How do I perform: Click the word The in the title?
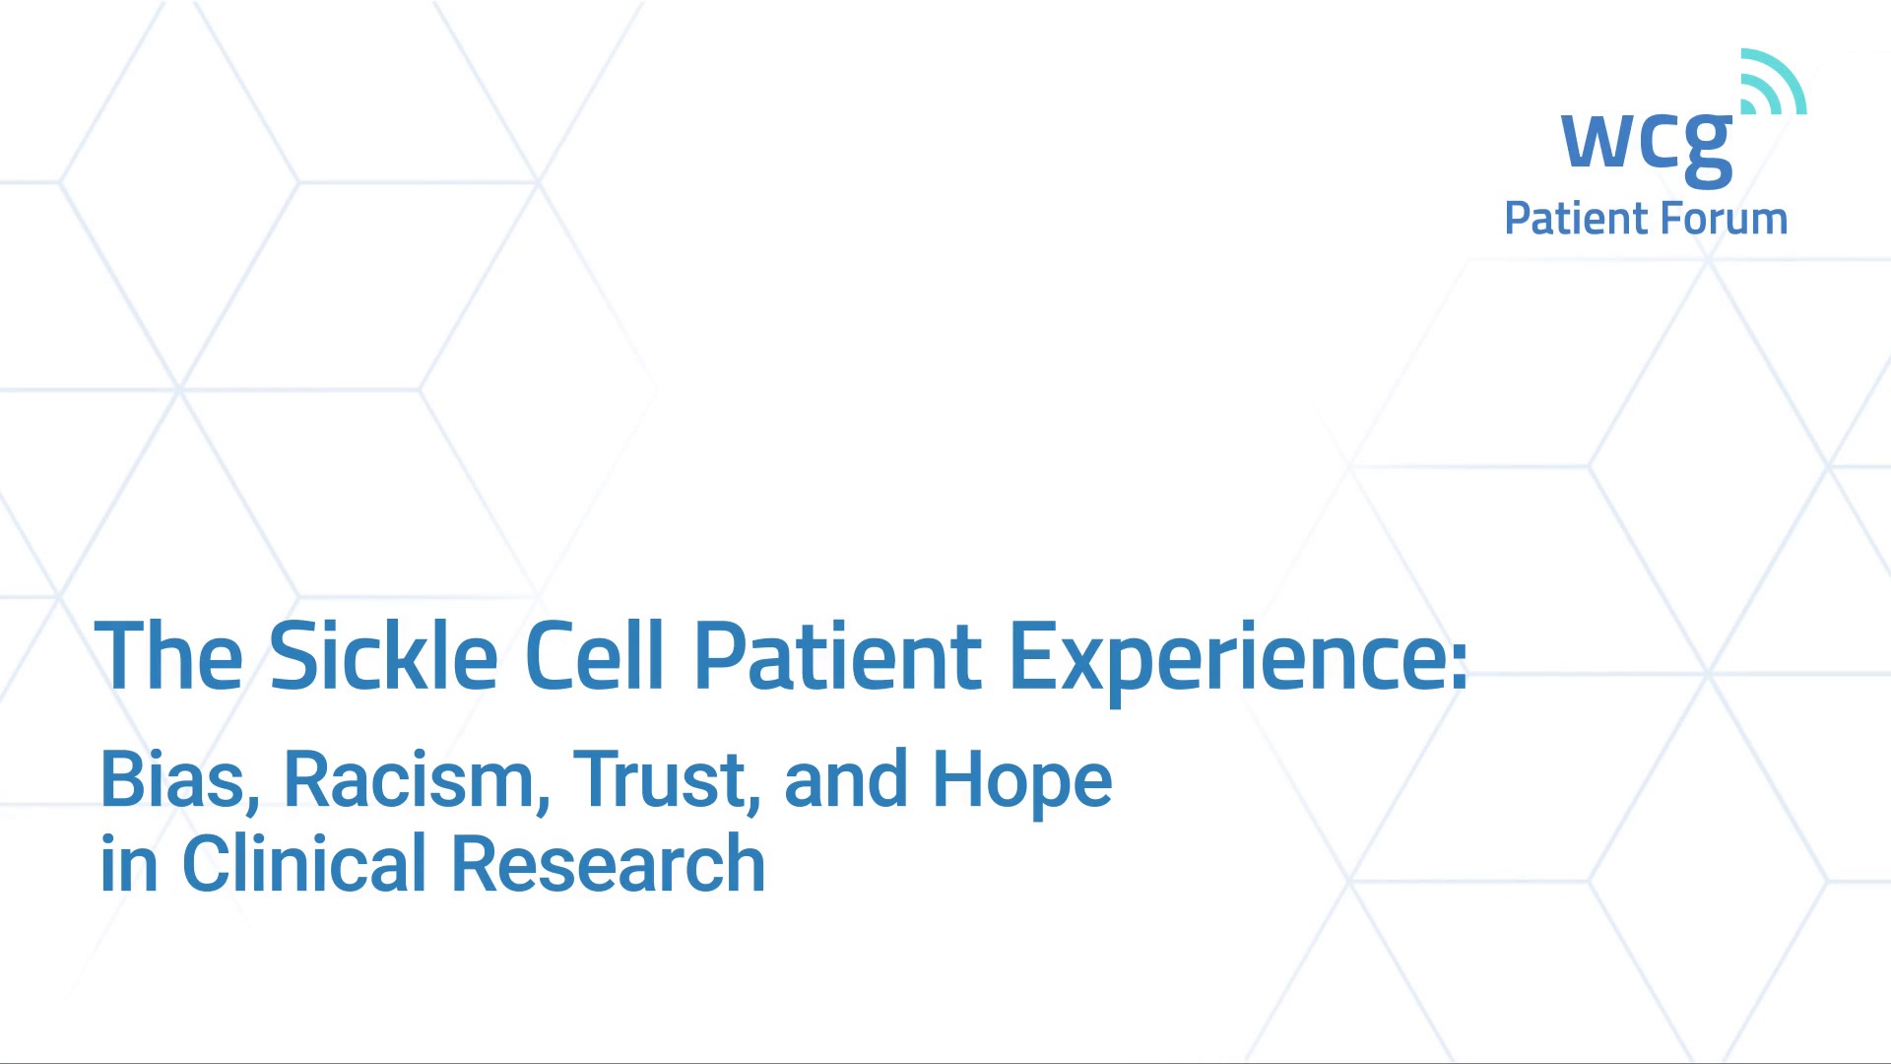click(168, 655)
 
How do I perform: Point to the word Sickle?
click(384, 655)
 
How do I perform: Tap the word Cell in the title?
click(595, 655)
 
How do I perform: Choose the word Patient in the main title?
click(837, 655)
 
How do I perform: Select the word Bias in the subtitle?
click(173, 780)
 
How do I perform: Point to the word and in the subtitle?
click(846, 778)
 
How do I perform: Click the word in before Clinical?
click(129, 864)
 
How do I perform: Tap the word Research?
click(608, 864)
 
